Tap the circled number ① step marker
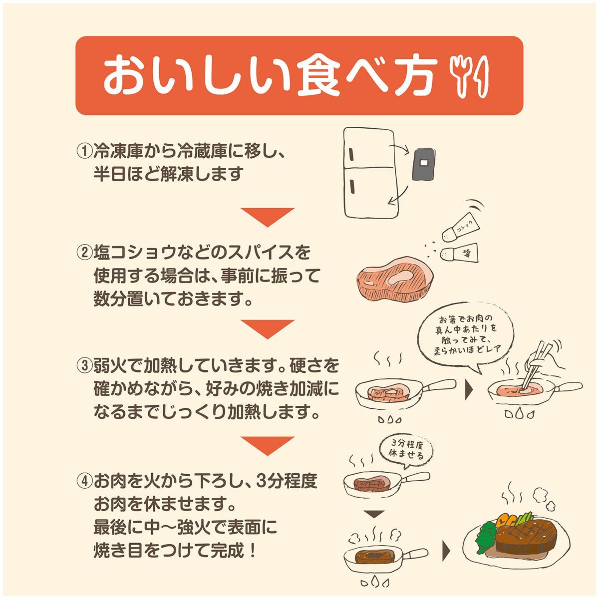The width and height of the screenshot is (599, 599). tap(84, 150)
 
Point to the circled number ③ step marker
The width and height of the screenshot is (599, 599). tap(84, 366)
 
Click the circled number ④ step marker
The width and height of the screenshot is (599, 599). tap(84, 481)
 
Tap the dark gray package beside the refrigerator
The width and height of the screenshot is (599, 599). tap(424, 163)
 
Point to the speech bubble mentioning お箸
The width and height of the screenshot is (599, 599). tap(467, 335)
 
